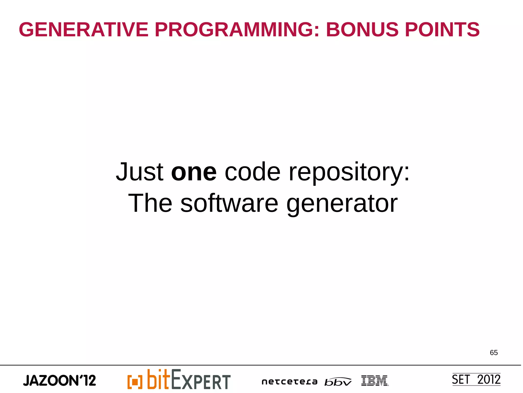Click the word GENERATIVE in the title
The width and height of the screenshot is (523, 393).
pyautogui.click(x=84, y=30)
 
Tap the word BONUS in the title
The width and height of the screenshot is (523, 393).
pyautogui.click(x=362, y=30)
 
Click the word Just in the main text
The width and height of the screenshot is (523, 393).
pyautogui.click(x=139, y=172)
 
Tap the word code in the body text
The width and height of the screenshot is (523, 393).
pyautogui.click(x=252, y=172)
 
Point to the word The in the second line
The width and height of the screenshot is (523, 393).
pyautogui.click(x=150, y=203)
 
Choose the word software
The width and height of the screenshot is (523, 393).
pyautogui.click(x=229, y=203)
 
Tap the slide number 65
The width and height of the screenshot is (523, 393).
pyautogui.click(x=494, y=353)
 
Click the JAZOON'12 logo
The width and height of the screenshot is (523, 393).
pyautogui.click(x=60, y=380)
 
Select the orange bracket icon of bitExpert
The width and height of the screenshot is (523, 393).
pyautogui.click(x=135, y=382)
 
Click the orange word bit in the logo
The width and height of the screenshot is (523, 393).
pyautogui.click(x=158, y=379)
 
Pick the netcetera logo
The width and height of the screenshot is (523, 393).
pyautogui.click(x=289, y=382)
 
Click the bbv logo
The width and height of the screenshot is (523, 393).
pyautogui.click(x=338, y=382)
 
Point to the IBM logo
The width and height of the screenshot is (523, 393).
pyautogui.click(x=374, y=380)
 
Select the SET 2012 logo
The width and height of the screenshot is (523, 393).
pyautogui.click(x=476, y=379)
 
